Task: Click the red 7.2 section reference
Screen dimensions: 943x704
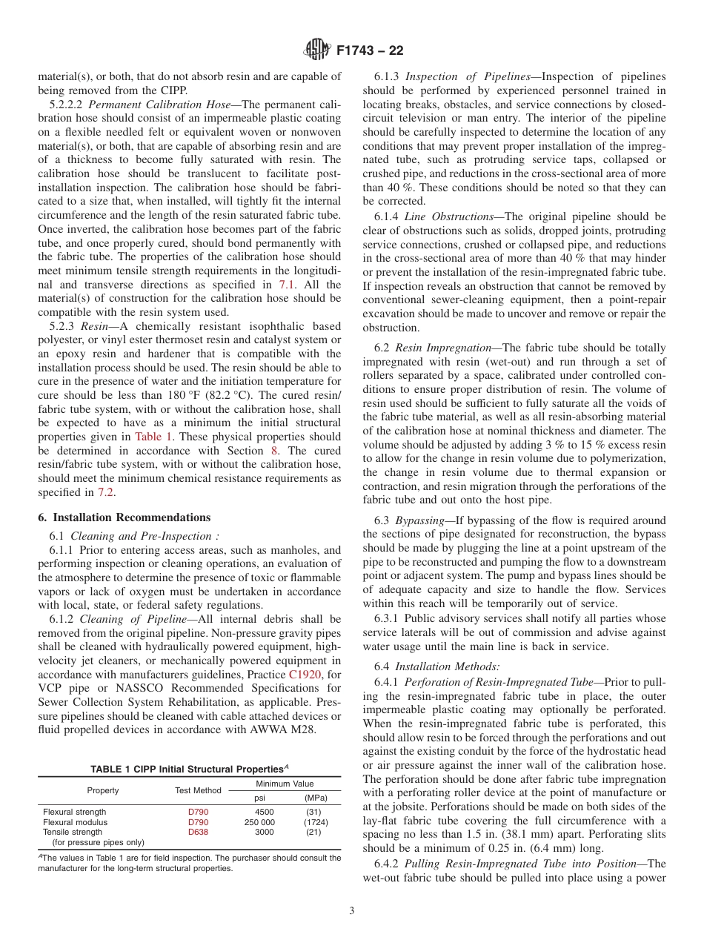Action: pyautogui.click(x=106, y=492)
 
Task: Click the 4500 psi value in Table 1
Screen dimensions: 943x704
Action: pyautogui.click(x=264, y=812)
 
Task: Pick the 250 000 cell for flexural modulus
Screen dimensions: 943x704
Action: pyautogui.click(x=259, y=822)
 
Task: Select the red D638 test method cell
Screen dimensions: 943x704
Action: pyautogui.click(x=198, y=832)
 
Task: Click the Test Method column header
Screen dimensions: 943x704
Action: pyautogui.click(x=198, y=791)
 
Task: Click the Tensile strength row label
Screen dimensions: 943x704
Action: pyautogui.click(x=74, y=832)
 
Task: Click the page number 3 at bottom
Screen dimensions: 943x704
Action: pyautogui.click(x=351, y=910)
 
